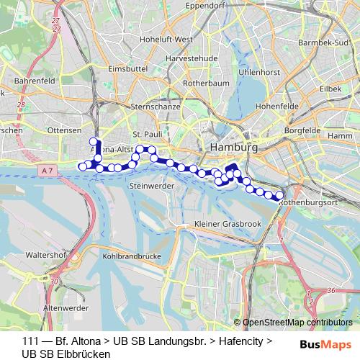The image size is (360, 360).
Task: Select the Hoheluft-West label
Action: [166, 39]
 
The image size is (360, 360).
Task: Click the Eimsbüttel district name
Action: [127, 68]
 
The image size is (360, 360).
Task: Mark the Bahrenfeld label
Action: [30, 81]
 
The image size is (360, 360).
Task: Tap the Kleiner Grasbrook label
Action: [228, 225]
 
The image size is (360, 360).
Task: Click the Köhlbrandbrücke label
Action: [132, 255]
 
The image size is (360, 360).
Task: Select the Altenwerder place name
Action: [65, 307]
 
